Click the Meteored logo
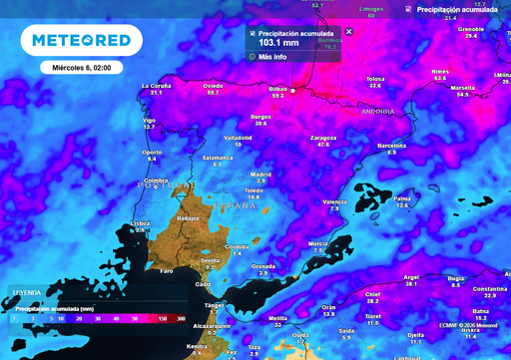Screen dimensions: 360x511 tap(81, 40)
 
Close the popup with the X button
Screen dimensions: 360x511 tap(348, 32)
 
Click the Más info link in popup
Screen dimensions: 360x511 tap(272, 57)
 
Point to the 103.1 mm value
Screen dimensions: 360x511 tap(277, 43)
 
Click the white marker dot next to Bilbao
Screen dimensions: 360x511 tap(293, 90)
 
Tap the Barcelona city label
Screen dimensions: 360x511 tap(391, 146)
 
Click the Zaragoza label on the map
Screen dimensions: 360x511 tap(322, 137)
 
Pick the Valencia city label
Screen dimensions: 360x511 tap(334, 201)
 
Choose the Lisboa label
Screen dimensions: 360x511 tap(141, 223)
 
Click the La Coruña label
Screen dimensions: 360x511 tap(156, 86)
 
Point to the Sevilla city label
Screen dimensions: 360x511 tap(210, 261)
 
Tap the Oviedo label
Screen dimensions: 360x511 tap(213, 86)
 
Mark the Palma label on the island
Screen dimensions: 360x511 tap(402, 198)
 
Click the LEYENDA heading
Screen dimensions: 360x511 tap(26, 292)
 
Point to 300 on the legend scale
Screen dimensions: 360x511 tap(181, 318)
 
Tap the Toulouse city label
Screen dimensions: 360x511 tap(375, 79)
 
